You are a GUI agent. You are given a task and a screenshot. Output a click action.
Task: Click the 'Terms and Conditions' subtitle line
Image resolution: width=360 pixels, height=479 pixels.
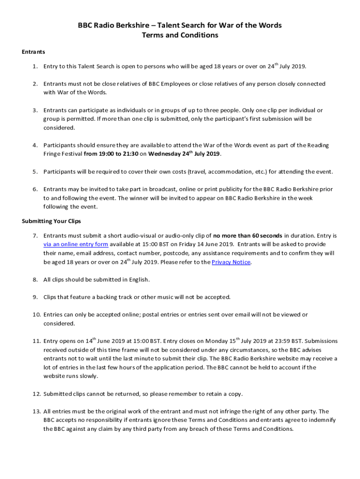[180, 35]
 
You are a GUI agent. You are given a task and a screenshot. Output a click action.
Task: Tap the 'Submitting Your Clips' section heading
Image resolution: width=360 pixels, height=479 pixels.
[51, 221]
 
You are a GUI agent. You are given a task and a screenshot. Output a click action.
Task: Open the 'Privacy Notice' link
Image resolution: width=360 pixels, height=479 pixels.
[231, 262]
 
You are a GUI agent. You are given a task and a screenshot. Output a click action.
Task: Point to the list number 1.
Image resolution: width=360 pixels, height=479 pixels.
[35, 66]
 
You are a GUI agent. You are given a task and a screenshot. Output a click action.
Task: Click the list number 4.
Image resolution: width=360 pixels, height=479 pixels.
[35, 145]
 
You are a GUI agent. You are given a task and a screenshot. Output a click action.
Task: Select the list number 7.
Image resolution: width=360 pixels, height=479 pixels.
[35, 236]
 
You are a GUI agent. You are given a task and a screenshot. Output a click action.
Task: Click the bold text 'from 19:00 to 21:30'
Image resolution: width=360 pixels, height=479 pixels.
[111, 154]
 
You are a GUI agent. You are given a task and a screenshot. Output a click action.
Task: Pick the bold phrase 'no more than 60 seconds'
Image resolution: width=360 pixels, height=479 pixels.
[247, 236]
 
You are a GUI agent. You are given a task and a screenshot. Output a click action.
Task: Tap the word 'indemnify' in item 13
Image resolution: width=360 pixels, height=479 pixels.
[321, 420]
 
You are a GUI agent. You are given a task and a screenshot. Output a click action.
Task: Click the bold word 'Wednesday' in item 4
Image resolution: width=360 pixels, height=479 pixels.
[166, 154]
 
